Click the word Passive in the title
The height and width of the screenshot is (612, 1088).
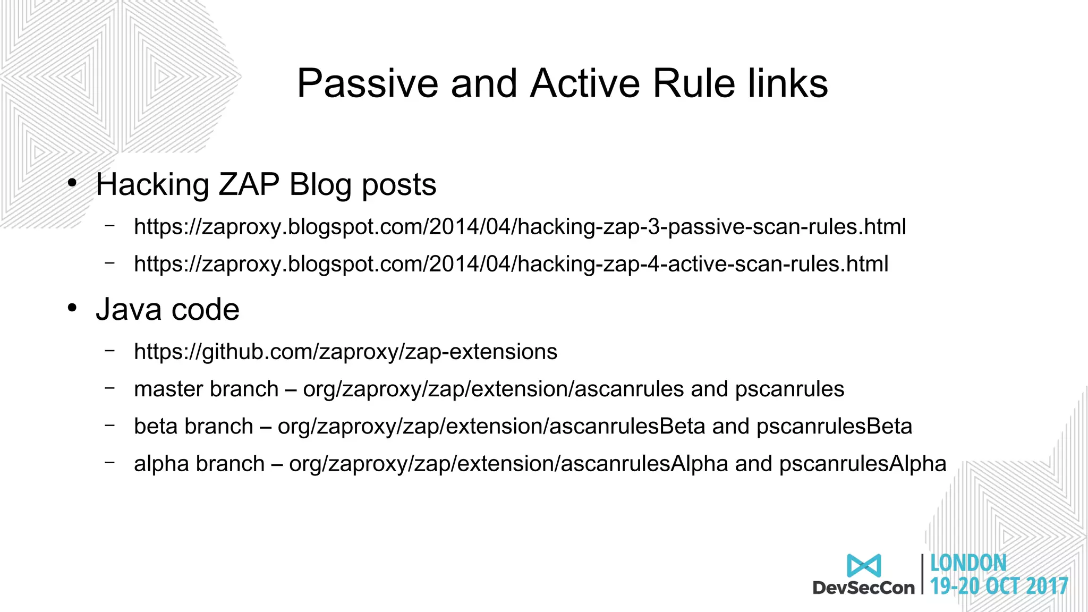tap(367, 84)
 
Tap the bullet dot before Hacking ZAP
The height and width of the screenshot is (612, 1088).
tap(73, 184)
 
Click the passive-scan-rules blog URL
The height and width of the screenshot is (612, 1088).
tap(520, 227)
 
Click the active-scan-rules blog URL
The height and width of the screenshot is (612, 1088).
tap(511, 264)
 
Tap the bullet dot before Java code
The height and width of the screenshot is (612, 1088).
tap(73, 309)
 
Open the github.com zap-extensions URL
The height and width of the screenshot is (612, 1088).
tap(345, 352)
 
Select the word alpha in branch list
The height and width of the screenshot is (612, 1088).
tap(161, 464)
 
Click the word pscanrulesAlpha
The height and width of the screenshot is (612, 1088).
tap(862, 464)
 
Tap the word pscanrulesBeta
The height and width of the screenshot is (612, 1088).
tap(834, 427)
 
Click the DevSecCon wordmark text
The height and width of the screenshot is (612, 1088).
tap(863, 588)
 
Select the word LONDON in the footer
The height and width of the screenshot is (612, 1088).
tap(968, 563)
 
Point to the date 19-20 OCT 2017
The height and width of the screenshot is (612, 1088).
tap(999, 586)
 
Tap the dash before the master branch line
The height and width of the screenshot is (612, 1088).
tap(110, 388)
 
